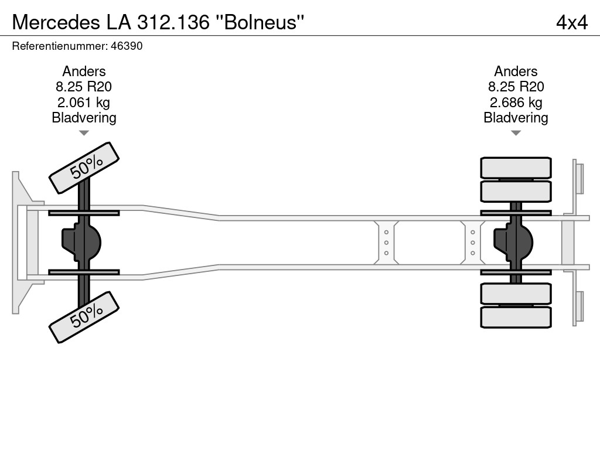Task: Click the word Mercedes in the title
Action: click(x=56, y=22)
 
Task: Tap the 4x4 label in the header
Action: click(x=572, y=22)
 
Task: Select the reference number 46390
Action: click(x=127, y=46)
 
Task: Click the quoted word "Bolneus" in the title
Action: click(x=260, y=22)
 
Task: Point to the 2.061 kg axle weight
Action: click(x=83, y=103)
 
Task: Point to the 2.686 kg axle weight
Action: click(x=516, y=103)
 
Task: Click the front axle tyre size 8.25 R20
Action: click(x=83, y=87)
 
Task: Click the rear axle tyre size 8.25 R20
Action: click(x=516, y=87)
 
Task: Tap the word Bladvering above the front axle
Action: click(x=84, y=118)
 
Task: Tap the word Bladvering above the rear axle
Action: click(x=516, y=118)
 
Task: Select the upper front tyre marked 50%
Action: click(x=84, y=168)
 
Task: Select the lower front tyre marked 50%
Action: click(x=84, y=317)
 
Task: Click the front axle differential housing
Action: click(x=81, y=243)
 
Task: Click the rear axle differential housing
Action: click(x=513, y=243)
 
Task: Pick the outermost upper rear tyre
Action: click(x=516, y=168)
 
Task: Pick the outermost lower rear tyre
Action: click(x=516, y=317)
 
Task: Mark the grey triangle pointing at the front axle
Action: click(x=84, y=133)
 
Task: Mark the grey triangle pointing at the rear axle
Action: click(x=516, y=133)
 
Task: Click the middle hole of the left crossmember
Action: click(x=386, y=243)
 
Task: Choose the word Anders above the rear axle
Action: click(x=516, y=71)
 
